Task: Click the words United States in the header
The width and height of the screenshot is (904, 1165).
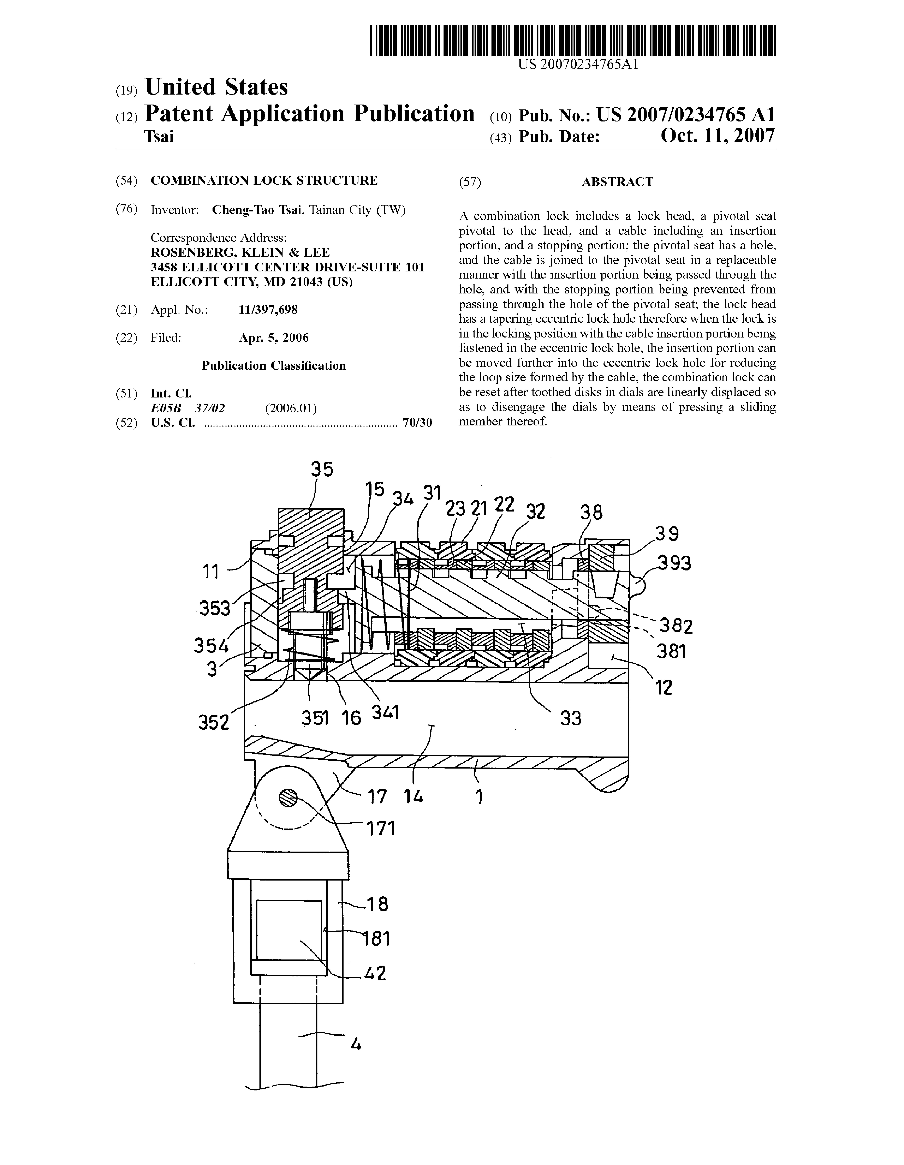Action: [216, 87]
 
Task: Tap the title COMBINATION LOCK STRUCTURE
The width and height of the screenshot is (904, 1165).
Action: [264, 180]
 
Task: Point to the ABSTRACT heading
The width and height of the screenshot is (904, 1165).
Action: [617, 182]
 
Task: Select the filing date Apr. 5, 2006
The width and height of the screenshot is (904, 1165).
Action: [273, 338]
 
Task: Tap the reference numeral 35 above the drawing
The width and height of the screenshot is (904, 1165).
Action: [322, 469]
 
